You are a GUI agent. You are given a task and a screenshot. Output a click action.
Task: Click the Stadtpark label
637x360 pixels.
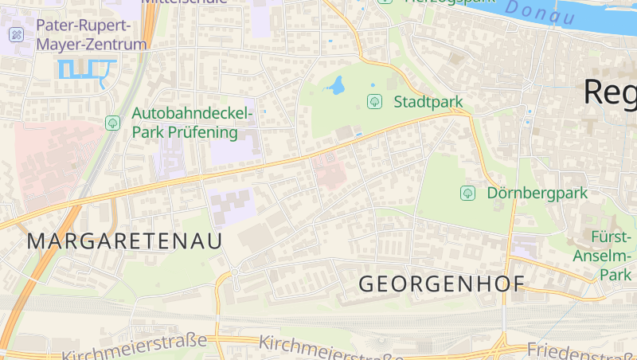(x=428, y=102)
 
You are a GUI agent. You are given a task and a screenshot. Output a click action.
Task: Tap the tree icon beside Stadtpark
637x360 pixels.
(x=373, y=102)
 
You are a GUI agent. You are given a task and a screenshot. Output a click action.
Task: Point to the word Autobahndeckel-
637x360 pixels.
(x=193, y=113)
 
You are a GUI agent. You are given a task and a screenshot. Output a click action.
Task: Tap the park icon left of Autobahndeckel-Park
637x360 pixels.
(x=112, y=123)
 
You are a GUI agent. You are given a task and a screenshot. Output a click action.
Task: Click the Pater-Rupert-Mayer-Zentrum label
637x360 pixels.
(x=91, y=35)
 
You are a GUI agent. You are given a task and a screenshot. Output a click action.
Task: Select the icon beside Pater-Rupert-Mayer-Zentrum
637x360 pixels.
(x=15, y=34)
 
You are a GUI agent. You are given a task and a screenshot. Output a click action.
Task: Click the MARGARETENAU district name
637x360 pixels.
(x=125, y=241)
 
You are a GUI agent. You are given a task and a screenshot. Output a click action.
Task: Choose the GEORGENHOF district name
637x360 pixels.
(x=442, y=284)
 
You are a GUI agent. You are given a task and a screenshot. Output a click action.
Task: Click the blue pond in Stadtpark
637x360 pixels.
(x=337, y=85)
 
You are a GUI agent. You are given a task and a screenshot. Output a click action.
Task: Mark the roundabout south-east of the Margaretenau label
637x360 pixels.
(x=235, y=273)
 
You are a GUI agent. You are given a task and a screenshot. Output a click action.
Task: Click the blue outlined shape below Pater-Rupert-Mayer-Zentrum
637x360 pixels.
(x=83, y=70)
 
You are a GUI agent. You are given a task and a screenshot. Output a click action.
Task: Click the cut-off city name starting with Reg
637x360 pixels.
(x=610, y=92)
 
